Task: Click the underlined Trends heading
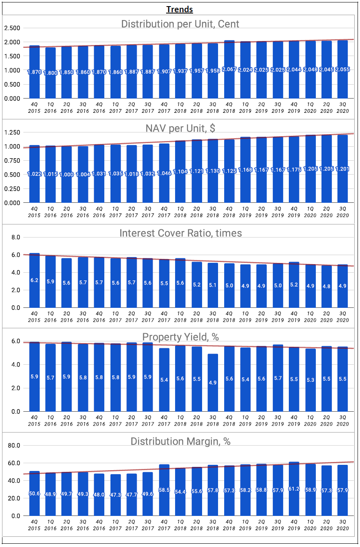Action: [x=180, y=9]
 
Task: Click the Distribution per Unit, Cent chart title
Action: [x=180, y=24]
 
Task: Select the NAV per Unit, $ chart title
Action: [x=180, y=128]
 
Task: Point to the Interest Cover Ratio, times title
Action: [x=180, y=233]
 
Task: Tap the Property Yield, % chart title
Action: [x=180, y=337]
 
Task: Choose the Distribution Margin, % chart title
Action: [x=180, y=441]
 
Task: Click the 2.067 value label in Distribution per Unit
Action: [x=229, y=69]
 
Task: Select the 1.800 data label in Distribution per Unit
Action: [x=50, y=73]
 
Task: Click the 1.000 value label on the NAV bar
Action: [x=66, y=174]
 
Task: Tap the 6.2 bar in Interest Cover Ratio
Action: [x=34, y=280]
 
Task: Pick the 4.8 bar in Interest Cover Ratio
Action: [x=326, y=287]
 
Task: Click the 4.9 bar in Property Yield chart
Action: [x=213, y=383]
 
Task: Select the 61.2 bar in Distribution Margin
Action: [x=294, y=489]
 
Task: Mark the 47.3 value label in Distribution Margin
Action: [x=115, y=495]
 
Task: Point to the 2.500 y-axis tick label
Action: [x=12, y=28]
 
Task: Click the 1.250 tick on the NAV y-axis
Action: [x=12, y=132]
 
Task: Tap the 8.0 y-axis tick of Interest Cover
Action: [x=16, y=237]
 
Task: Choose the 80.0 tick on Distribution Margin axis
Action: [x=14, y=446]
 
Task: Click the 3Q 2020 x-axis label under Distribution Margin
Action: [x=343, y=525]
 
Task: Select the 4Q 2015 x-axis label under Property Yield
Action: [x=34, y=421]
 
